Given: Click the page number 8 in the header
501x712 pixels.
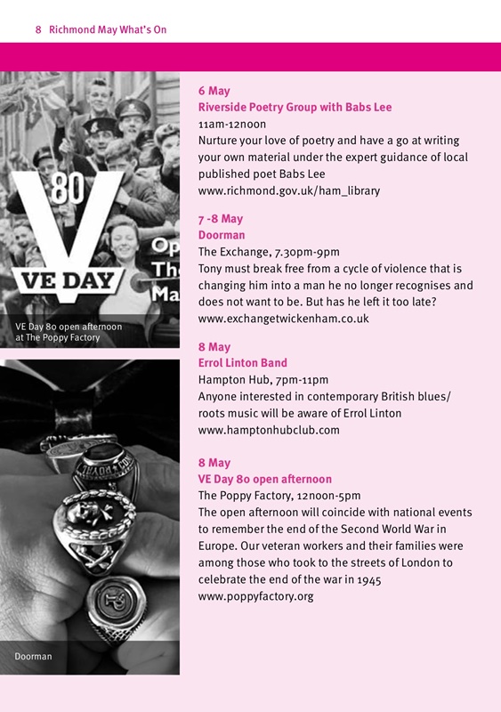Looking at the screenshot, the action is (x=38, y=29).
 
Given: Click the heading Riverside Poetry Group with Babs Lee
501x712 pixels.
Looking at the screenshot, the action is (x=295, y=107).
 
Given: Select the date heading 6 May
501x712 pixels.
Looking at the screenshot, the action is (x=214, y=91).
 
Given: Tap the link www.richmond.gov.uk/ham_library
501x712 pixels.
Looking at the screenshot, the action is (x=290, y=190).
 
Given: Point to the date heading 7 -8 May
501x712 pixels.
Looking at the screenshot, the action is (x=220, y=219).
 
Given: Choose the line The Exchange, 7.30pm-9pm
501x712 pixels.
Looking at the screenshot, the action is (x=268, y=252).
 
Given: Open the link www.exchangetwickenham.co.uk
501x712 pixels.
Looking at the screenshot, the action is (x=283, y=318).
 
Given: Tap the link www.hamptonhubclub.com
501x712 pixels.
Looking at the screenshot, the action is (x=269, y=430).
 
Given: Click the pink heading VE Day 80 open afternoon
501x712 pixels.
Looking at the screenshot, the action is (x=264, y=479).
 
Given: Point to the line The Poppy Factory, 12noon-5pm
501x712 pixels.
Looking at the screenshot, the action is (x=279, y=496).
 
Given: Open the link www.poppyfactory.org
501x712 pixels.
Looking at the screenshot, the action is (x=255, y=595).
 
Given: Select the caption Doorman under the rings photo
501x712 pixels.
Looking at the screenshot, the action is (x=33, y=657).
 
